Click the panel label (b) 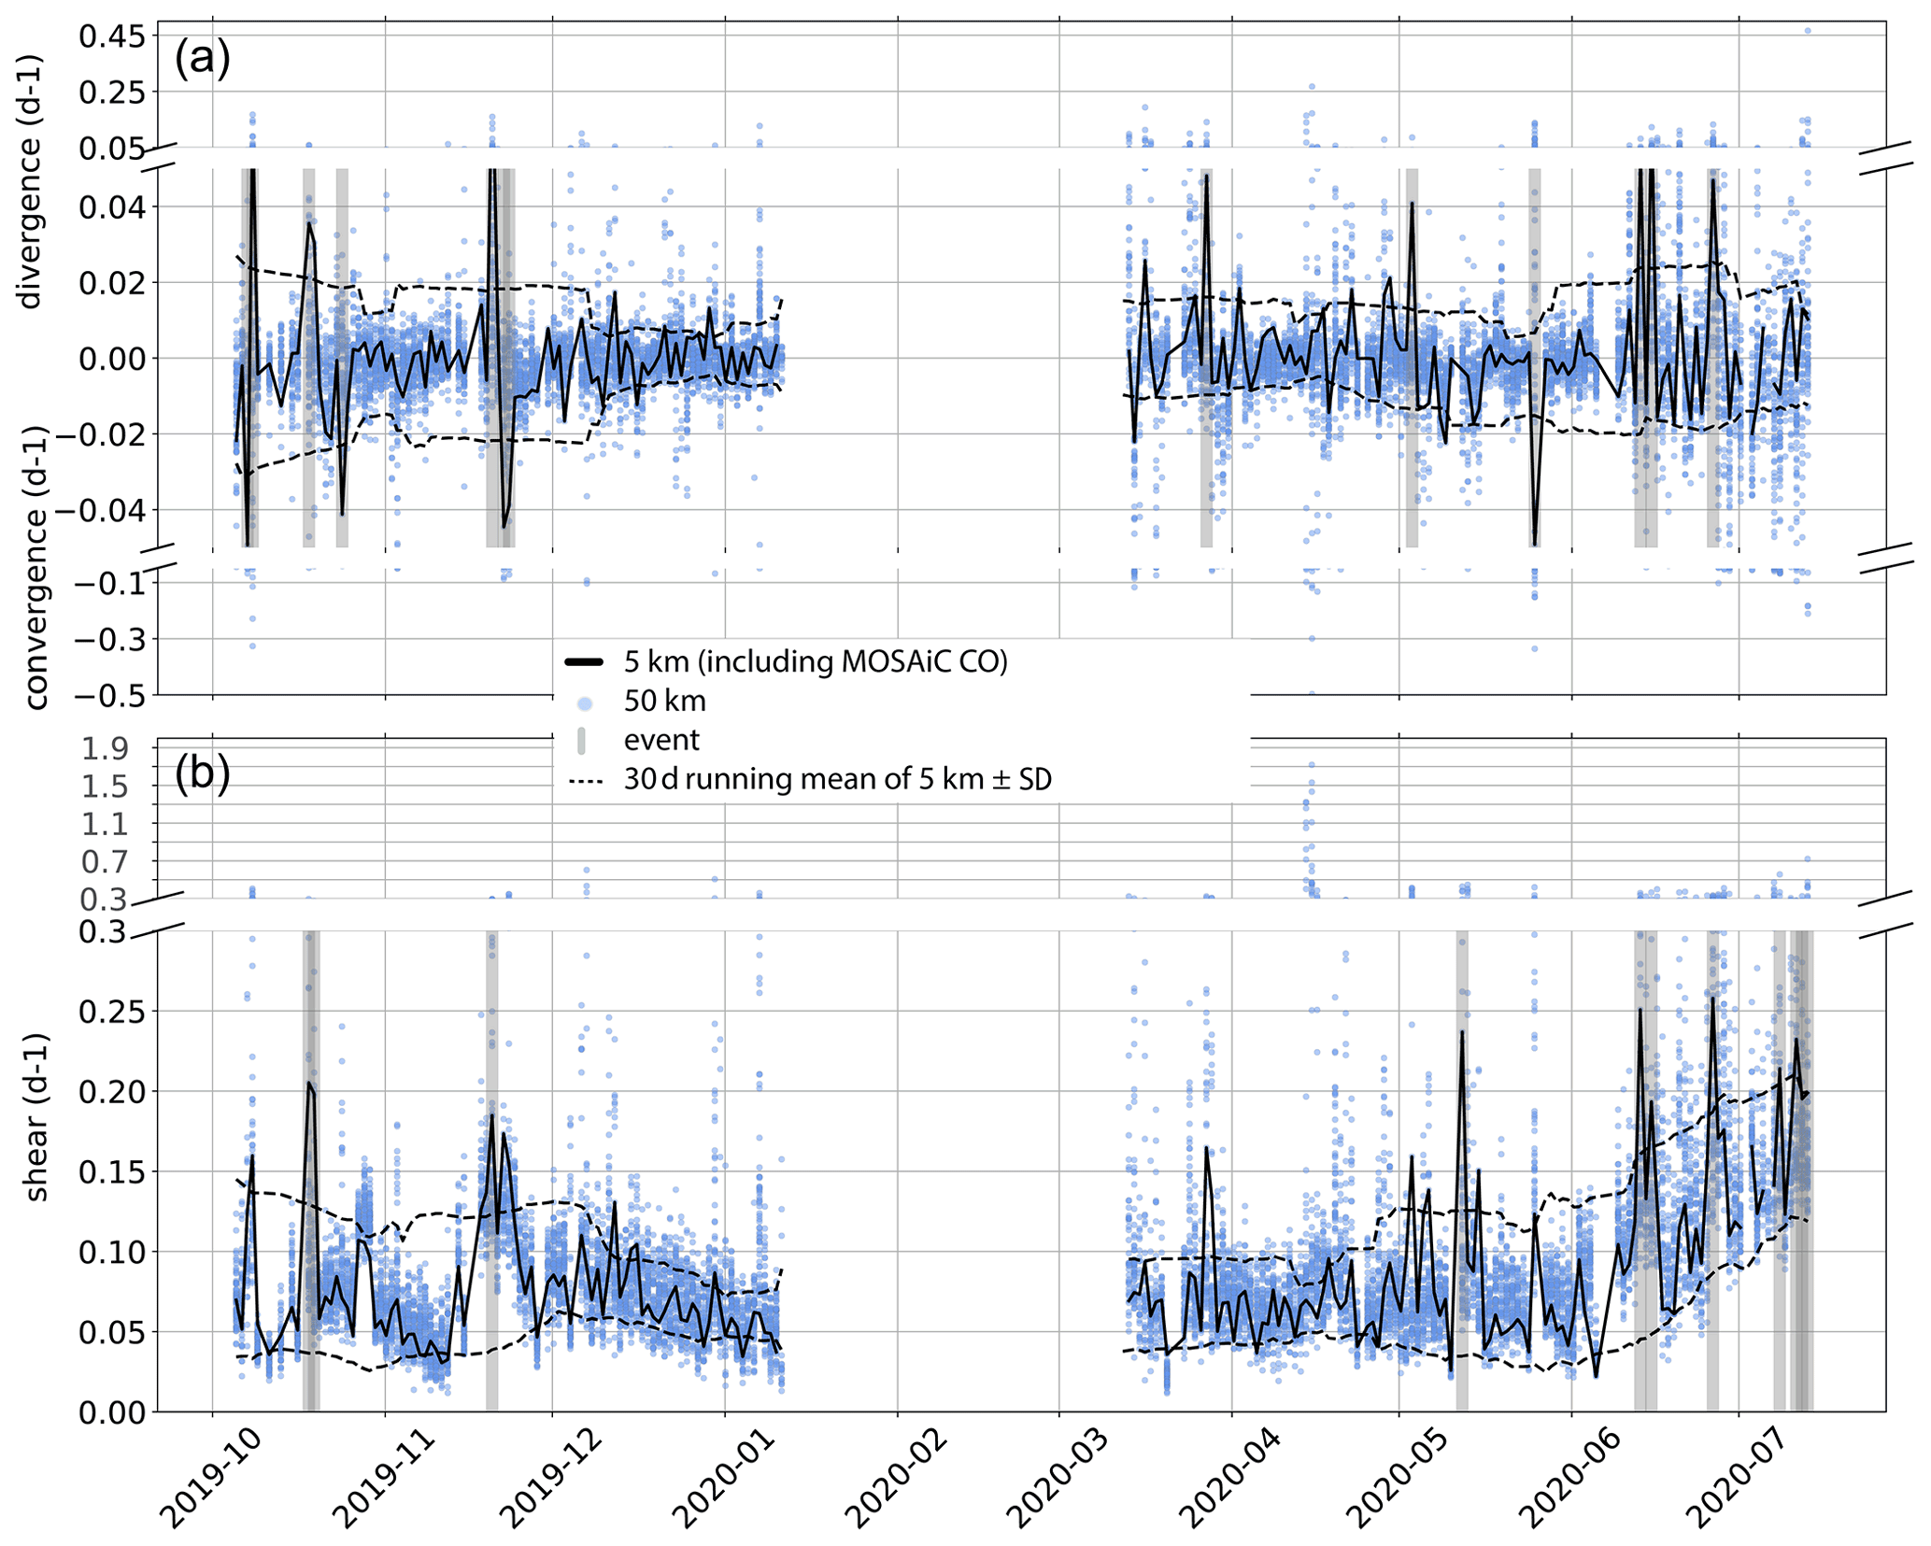point(202,774)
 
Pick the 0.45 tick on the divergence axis point(112,36)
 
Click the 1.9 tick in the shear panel point(106,749)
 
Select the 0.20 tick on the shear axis point(112,1091)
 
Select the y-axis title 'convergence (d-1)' point(35,567)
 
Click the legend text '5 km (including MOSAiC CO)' point(816,661)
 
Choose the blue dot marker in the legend point(584,702)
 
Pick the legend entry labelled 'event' point(661,741)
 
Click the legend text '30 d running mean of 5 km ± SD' point(838,780)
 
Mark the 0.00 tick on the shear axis point(112,1412)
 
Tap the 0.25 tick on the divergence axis point(112,92)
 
